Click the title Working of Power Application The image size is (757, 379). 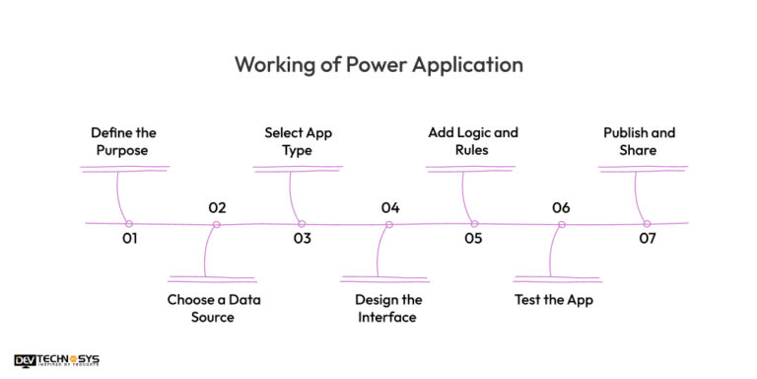[x=378, y=65]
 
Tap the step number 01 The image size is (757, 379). [x=129, y=239]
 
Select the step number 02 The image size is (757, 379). [x=217, y=208]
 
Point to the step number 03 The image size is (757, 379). [x=302, y=239]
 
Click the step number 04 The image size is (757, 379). [x=390, y=208]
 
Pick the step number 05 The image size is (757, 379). [x=474, y=239]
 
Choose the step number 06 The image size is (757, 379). [x=561, y=208]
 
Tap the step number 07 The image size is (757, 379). [x=647, y=239]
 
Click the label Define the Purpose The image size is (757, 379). [x=123, y=141]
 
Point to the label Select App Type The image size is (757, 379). [x=297, y=141]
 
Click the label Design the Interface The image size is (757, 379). [x=388, y=308]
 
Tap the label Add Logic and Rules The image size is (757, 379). [x=472, y=141]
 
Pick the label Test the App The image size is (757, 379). [x=554, y=300]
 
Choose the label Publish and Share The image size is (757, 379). [x=639, y=141]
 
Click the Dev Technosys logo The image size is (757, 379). [x=57, y=361]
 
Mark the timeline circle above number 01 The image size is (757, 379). [x=129, y=224]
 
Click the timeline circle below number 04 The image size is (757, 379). [x=388, y=224]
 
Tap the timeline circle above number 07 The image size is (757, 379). [x=647, y=224]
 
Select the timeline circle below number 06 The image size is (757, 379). [x=561, y=224]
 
